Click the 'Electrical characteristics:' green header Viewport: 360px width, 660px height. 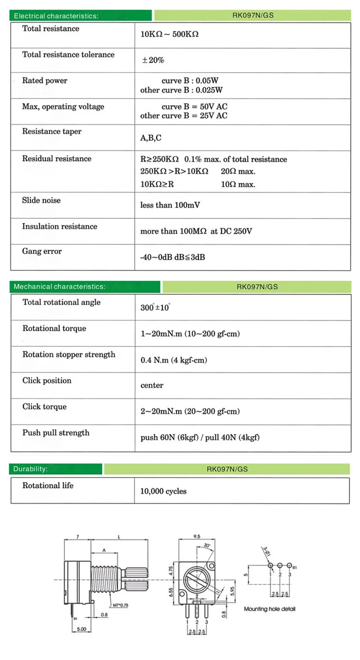[x=56, y=16]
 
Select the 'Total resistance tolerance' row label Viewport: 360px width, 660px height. [x=68, y=55]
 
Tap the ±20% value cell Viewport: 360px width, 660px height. [x=153, y=60]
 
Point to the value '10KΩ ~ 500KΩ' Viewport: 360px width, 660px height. [x=169, y=35]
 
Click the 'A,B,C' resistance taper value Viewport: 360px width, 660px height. [x=151, y=138]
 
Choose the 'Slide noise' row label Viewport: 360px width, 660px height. [x=41, y=200]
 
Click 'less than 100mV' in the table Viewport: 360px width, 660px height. [x=170, y=205]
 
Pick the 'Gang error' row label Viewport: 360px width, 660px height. [x=42, y=252]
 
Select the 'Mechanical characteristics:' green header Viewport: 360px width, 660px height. [x=59, y=287]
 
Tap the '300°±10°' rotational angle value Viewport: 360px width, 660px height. [x=155, y=308]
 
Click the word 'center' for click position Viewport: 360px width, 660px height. [x=152, y=385]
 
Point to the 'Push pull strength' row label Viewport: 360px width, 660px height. [x=56, y=433]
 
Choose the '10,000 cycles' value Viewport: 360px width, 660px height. [x=163, y=492]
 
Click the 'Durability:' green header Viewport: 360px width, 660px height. [x=30, y=469]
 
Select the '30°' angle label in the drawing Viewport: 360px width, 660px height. [x=207, y=545]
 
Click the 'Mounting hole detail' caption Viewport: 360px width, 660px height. [x=270, y=609]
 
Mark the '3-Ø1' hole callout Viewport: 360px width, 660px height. [x=265, y=550]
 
